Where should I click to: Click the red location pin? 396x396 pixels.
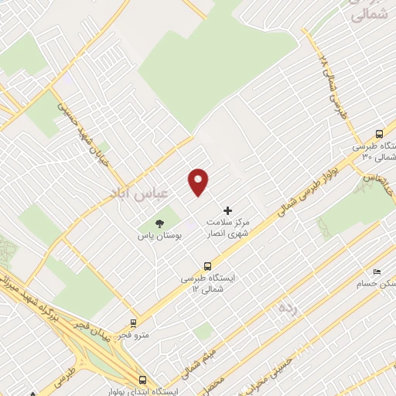[199, 181]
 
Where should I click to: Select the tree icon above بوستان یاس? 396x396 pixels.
[160, 222]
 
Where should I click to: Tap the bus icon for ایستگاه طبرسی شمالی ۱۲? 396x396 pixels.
[207, 266]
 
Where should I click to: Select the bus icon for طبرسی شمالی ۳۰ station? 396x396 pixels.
[378, 133]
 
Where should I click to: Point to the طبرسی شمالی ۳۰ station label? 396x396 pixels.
[376, 151]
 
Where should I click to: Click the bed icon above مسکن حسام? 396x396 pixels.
[377, 271]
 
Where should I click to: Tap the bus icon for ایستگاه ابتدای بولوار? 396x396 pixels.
[142, 380]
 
